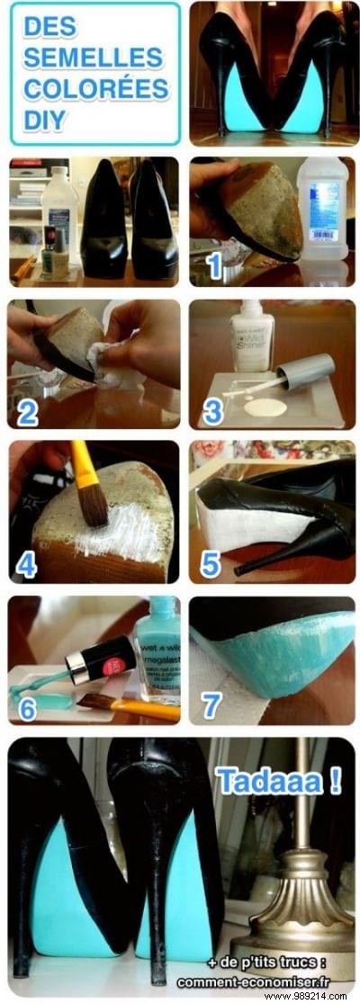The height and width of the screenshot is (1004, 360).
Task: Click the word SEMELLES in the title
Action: coord(93,58)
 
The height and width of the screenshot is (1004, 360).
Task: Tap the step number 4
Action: coord(28,565)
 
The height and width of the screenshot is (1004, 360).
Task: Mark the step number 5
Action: coord(210,565)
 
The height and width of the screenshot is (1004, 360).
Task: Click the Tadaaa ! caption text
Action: coord(278,780)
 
